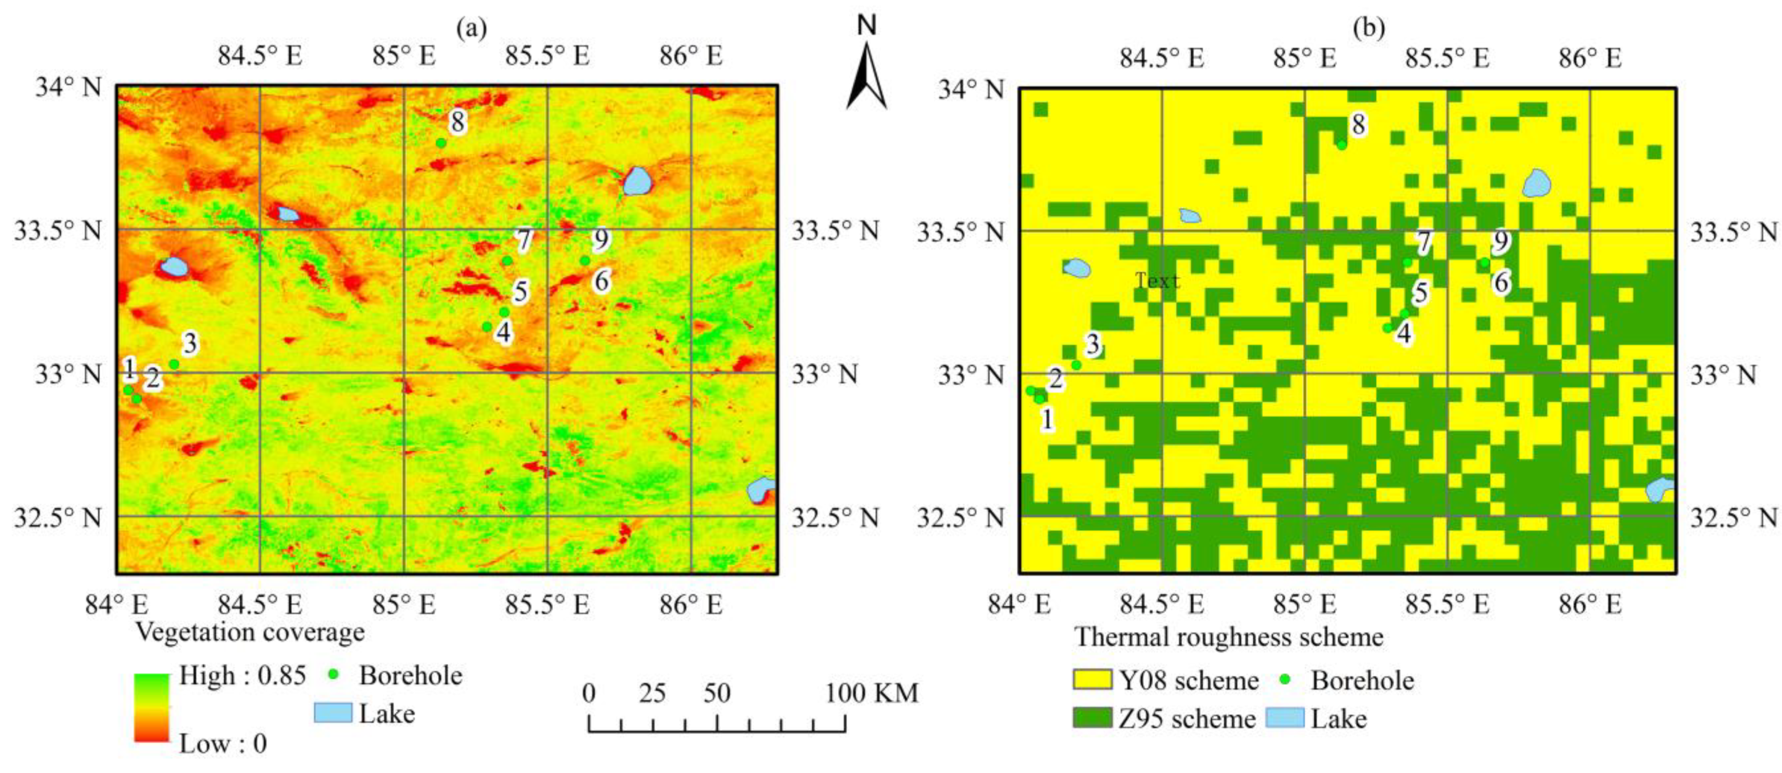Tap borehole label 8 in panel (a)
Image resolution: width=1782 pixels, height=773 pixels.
coord(457,123)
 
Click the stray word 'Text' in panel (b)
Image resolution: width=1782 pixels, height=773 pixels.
coord(1157,281)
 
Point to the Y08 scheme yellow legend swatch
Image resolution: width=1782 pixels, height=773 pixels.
coord(1092,679)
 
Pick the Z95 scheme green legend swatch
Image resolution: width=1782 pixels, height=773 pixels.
coord(1092,717)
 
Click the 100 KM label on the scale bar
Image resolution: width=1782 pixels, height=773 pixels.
coord(872,692)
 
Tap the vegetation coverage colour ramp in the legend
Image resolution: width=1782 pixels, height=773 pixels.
coord(152,707)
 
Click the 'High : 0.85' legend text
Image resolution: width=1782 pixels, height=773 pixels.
coord(242,675)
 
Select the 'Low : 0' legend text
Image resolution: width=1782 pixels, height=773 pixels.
coord(223,744)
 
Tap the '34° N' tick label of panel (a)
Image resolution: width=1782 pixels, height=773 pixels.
coord(68,88)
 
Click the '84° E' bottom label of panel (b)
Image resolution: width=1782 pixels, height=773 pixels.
coord(1019,604)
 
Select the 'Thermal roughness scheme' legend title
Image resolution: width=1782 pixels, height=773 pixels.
coord(1228,637)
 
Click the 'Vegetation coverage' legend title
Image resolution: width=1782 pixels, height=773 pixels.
coord(250,632)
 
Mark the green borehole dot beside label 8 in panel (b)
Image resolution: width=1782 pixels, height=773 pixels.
coord(1342,144)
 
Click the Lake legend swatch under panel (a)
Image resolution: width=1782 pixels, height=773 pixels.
coord(333,713)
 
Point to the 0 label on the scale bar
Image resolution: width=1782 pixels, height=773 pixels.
coord(588,692)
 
